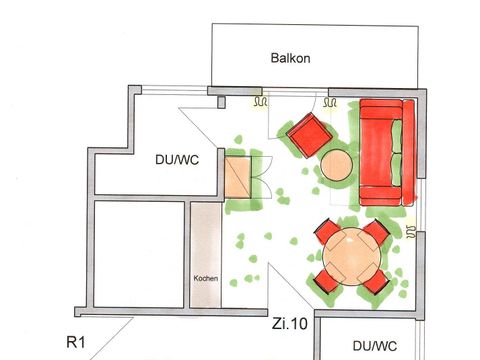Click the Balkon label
click(290, 58)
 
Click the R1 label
click(75, 342)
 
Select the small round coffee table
click(337, 165)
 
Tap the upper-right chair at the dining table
click(374, 237)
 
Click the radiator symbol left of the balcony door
click(261, 101)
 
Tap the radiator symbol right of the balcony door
click(330, 101)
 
